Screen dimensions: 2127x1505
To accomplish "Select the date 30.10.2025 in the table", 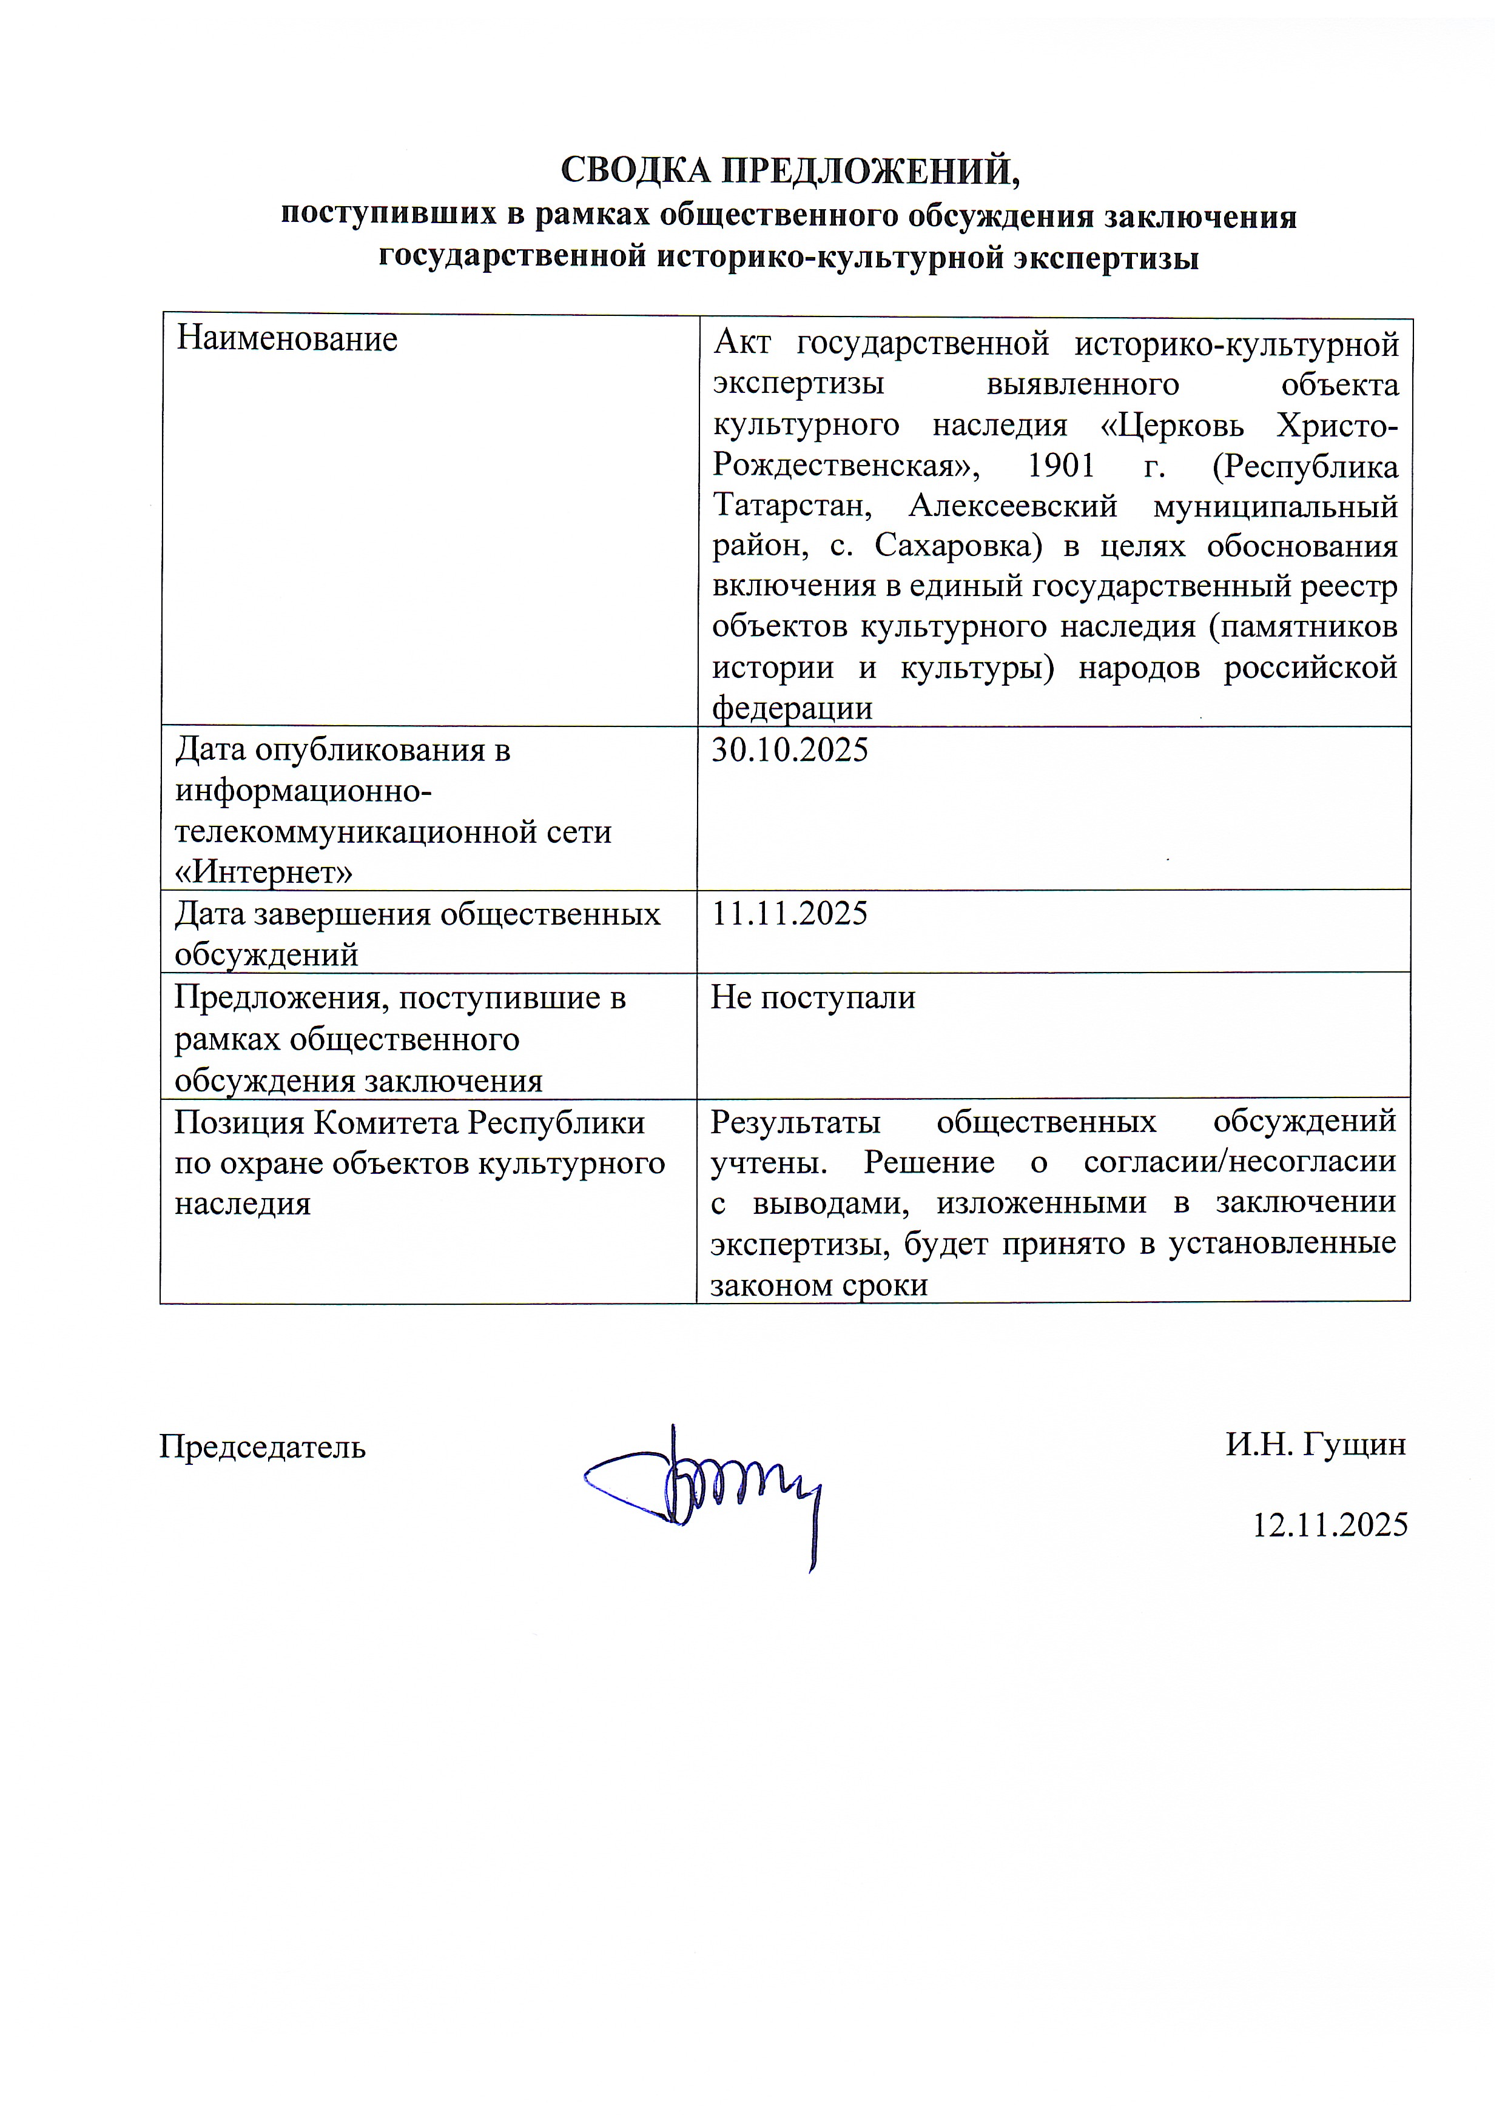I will point(790,749).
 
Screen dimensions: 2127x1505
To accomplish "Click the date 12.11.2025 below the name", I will point(1330,1525).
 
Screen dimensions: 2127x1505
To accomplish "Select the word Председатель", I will point(262,1446).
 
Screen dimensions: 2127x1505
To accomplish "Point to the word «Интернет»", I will point(264,872).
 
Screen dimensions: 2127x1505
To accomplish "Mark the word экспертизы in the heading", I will point(1106,256).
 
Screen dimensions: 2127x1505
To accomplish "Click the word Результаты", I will point(795,1122).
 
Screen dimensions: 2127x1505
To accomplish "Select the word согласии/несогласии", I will point(1239,1162).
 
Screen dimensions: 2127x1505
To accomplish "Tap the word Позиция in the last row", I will point(237,1123).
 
